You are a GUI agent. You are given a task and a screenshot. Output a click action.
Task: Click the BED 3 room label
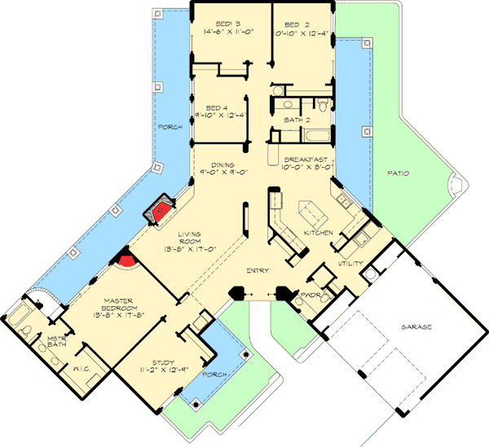(x=221, y=24)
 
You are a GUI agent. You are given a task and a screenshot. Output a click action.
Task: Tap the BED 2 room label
(x=292, y=24)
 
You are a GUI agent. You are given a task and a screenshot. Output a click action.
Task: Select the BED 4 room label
(x=215, y=107)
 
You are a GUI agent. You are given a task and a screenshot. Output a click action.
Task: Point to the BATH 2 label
(x=298, y=120)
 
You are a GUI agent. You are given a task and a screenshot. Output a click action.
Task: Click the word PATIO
(x=399, y=173)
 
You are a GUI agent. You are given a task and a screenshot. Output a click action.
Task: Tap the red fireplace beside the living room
(x=160, y=210)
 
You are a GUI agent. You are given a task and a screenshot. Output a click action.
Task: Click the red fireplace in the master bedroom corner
(x=126, y=261)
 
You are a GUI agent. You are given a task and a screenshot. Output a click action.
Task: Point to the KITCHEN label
(x=318, y=234)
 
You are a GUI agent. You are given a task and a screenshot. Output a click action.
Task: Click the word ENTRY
(x=259, y=270)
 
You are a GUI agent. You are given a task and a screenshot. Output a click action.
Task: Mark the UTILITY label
(x=350, y=265)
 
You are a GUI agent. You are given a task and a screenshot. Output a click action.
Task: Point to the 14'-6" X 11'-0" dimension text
(x=221, y=33)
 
